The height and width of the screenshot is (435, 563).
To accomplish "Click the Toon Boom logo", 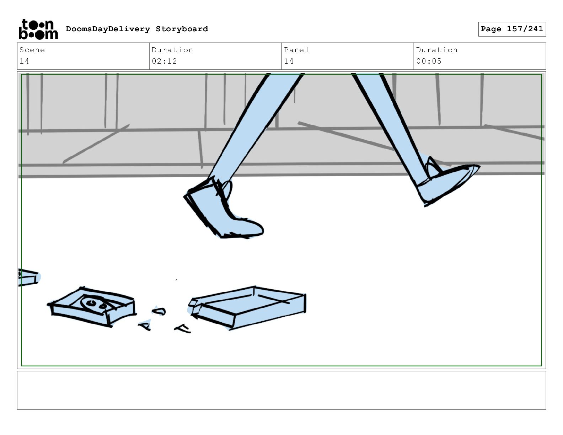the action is (x=38, y=29).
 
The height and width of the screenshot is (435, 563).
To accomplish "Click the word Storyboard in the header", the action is (x=182, y=29).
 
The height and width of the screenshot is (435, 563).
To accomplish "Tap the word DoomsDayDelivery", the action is (x=108, y=29).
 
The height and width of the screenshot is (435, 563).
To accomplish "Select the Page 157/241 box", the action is (x=512, y=29).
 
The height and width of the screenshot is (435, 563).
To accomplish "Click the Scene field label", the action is (x=32, y=50).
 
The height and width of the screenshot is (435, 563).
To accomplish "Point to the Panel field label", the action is (x=296, y=50).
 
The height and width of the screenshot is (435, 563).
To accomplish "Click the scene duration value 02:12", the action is (x=164, y=61).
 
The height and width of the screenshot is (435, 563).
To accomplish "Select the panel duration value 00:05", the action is (x=429, y=61).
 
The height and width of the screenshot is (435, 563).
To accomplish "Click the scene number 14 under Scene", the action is (x=25, y=61).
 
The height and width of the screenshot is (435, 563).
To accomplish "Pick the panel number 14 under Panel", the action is (x=289, y=61).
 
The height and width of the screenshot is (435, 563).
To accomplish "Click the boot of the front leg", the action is (x=223, y=209).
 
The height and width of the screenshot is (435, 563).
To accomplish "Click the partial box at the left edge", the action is (x=28, y=278).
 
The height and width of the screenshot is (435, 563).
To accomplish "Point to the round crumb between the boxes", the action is (x=159, y=311).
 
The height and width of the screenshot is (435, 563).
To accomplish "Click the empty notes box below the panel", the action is (x=281, y=390).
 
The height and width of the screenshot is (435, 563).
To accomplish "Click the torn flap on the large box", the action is (x=193, y=304).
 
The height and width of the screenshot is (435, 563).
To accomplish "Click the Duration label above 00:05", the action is (x=436, y=50).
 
